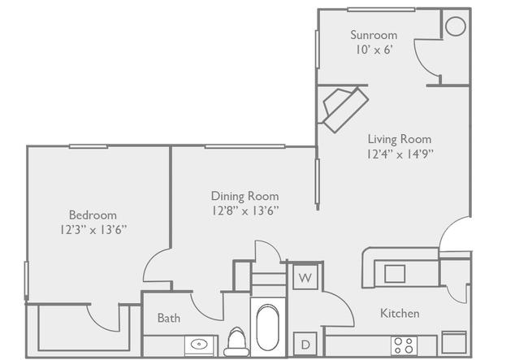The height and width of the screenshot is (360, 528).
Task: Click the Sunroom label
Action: click(x=374, y=35)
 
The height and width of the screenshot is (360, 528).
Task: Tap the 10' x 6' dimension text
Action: click(x=374, y=50)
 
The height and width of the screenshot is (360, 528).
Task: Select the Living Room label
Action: click(x=400, y=139)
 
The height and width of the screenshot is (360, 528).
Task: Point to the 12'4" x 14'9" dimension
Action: click(x=400, y=154)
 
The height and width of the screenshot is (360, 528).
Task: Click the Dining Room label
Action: click(x=245, y=196)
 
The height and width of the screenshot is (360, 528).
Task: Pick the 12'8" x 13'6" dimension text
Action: click(x=245, y=210)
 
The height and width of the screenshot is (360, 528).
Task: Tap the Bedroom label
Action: click(x=93, y=215)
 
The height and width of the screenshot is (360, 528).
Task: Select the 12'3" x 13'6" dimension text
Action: click(x=93, y=230)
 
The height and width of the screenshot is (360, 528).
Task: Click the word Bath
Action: click(x=169, y=318)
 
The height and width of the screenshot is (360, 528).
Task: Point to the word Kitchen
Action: click(x=400, y=313)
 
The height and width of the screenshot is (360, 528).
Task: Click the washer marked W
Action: click(x=305, y=277)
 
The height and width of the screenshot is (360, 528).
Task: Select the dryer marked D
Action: click(x=305, y=345)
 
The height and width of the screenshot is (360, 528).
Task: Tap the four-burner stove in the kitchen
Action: click(x=404, y=345)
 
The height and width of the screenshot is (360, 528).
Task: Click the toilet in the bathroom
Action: click(x=236, y=342)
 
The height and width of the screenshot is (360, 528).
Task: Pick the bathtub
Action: click(x=268, y=327)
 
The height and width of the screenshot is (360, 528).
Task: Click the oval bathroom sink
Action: click(x=199, y=345)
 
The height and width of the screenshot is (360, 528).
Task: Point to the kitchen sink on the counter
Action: click(x=395, y=273)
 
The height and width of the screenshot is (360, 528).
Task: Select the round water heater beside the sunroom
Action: click(x=456, y=26)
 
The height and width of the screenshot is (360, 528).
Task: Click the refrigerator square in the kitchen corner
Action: click(x=454, y=342)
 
